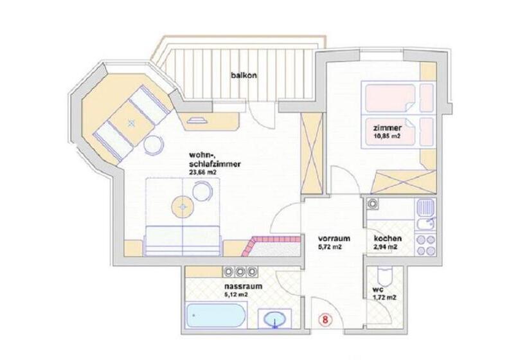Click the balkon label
[244, 75]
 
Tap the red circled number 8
[327, 318]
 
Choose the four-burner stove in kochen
[425, 244]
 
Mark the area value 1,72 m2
[383, 298]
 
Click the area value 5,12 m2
[236, 296]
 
